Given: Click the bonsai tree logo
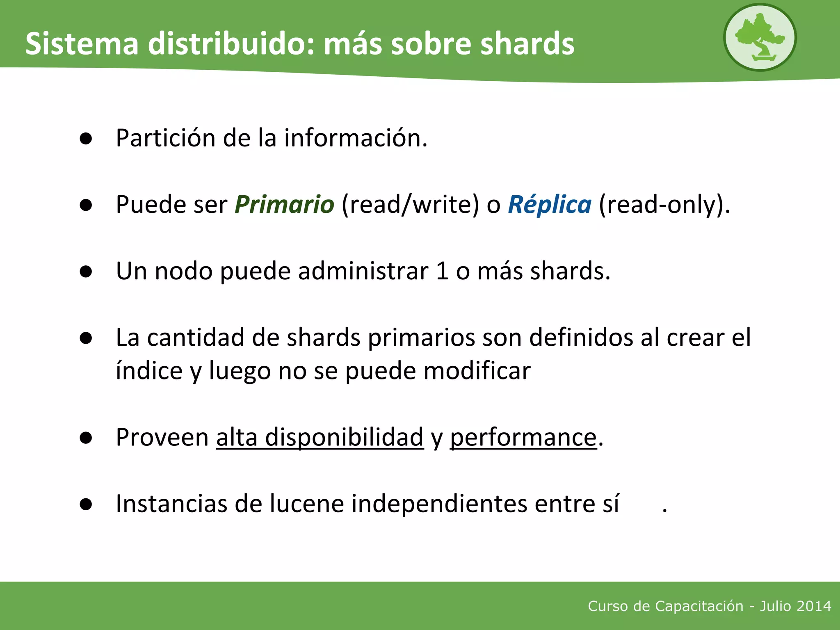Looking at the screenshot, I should pos(760,37).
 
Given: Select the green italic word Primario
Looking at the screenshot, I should pos(284,204).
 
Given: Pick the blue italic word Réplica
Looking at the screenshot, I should pos(550,204).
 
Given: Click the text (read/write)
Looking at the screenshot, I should pos(410,204).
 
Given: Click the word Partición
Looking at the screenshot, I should pos(165,138).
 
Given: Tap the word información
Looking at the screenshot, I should pos(355,138).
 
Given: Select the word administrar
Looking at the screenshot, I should pos(363,271).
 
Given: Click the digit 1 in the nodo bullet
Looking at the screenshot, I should pos(442,271).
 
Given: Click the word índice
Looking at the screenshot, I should pos(149,371).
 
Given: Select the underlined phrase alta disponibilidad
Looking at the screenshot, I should pos(320,437).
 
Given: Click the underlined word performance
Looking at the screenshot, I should pos(523,437).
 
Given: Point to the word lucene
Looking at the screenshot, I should pos(306,504).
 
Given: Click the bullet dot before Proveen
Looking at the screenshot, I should pos(86,438).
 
